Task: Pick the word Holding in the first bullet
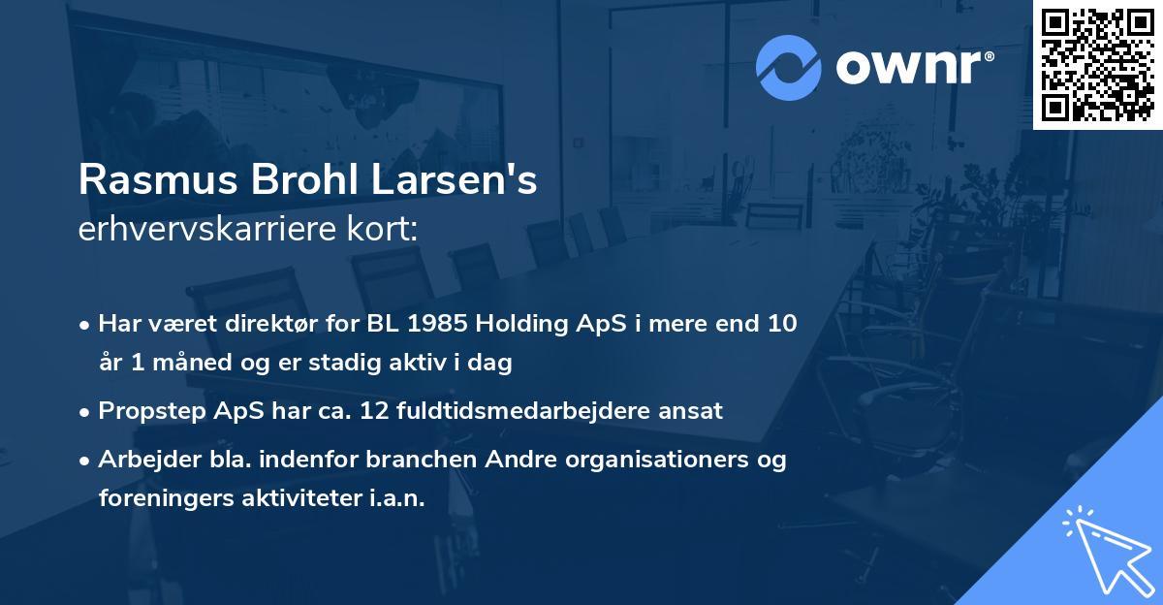pos(557,324)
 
